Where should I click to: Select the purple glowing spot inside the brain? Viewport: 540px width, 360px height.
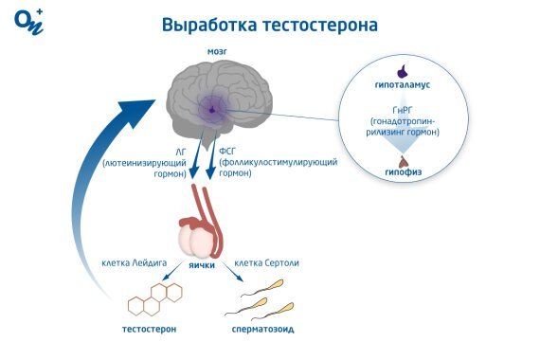coord(212,110)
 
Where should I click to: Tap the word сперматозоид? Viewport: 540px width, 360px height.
coord(261,331)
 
